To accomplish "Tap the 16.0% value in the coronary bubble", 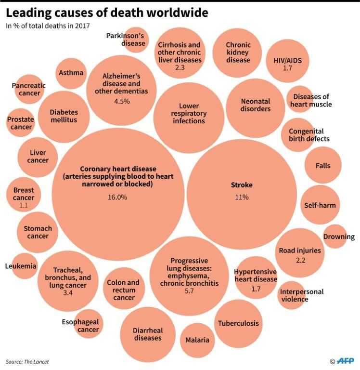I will click(x=117, y=197).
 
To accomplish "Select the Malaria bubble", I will click(x=197, y=340).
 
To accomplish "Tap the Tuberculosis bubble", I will click(x=238, y=323).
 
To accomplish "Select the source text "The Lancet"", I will click(x=38, y=361).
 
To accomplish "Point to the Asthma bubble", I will click(x=71, y=73).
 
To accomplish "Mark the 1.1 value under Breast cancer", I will click(x=24, y=206).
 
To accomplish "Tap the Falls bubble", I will click(x=323, y=166).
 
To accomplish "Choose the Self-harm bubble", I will click(x=320, y=205).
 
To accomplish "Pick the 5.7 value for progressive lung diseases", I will click(x=189, y=291).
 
